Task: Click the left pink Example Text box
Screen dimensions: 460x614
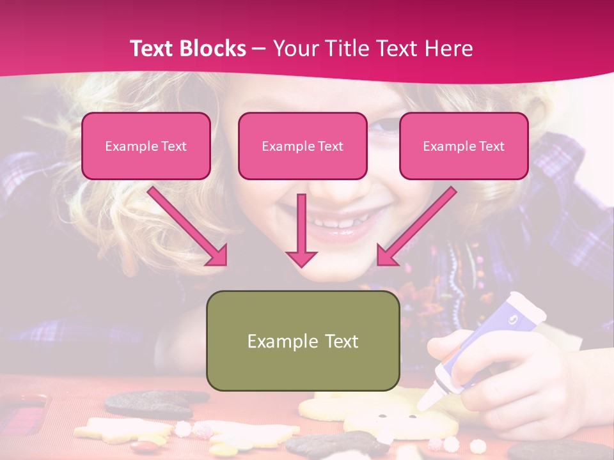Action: (146, 146)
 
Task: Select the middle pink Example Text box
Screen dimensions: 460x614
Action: (303, 146)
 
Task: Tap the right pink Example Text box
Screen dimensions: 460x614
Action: (464, 146)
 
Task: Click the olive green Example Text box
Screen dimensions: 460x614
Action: (303, 341)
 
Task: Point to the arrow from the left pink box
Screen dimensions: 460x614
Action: (189, 226)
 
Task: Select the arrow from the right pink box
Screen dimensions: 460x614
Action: (416, 226)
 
